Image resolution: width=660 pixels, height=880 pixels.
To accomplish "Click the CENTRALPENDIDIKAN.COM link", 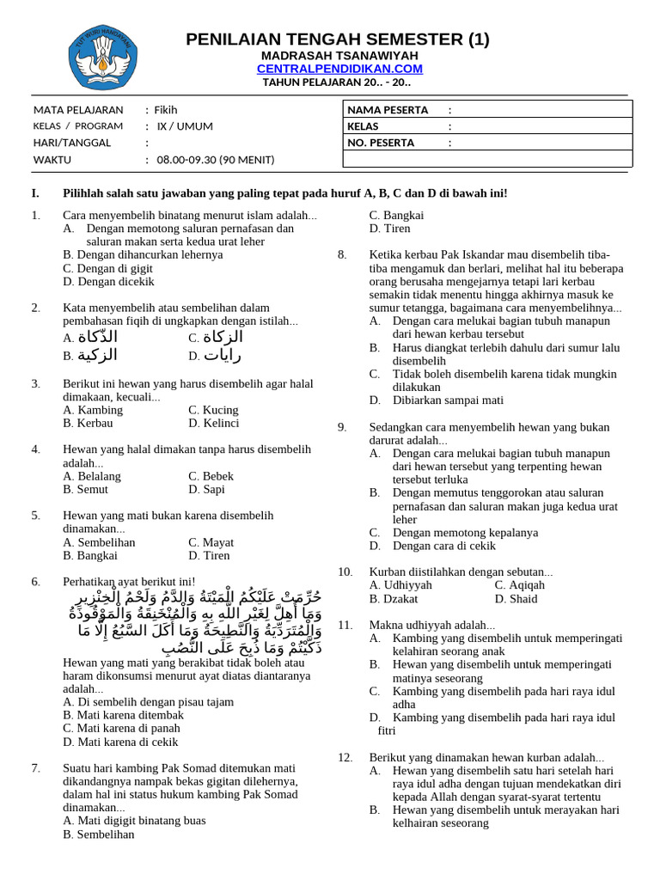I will click(339, 69).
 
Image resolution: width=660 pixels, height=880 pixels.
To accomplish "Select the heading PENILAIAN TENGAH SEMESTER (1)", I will click(338, 40).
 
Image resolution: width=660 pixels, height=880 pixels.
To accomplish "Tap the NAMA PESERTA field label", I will click(382, 110).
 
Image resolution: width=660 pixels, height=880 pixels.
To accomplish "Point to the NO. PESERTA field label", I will click(381, 143).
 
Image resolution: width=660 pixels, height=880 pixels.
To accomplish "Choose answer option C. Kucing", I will click(213, 410).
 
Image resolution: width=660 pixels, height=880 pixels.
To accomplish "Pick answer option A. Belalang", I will click(92, 476).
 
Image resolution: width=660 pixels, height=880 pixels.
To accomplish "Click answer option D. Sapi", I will click(206, 490).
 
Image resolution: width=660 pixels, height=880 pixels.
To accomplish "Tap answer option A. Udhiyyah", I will click(400, 585).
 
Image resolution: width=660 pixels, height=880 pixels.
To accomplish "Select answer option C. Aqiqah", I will click(520, 585).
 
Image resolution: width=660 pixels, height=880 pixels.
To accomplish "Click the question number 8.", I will click(342, 254).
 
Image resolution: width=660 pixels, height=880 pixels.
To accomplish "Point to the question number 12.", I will click(345, 757).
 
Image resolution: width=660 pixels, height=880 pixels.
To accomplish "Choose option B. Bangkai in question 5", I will click(91, 556).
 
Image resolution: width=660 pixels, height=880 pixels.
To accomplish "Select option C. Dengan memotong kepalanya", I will click(465, 533).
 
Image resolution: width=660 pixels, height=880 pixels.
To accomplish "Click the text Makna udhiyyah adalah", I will click(432, 625).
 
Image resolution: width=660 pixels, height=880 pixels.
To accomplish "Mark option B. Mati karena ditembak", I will click(124, 715).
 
